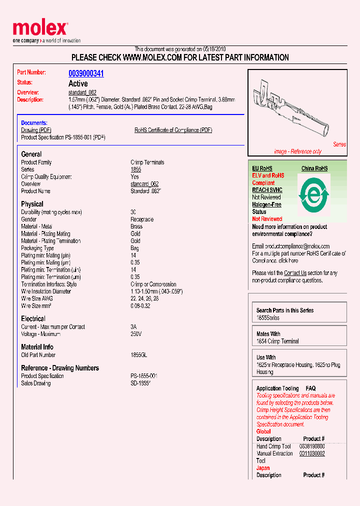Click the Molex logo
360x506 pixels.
pos(40,31)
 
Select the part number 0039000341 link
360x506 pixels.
pos(86,73)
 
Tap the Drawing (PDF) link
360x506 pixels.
pos(36,130)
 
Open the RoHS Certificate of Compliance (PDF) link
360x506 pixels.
pos(173,130)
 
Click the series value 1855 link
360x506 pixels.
pos(135,169)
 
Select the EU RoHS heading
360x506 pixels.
pos(262,168)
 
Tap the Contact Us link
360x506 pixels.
pos(295,273)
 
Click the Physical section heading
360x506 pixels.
pos(32,204)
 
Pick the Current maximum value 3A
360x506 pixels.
pos(133,327)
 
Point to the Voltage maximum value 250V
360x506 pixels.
pos(136,334)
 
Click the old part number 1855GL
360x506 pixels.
pos(138,355)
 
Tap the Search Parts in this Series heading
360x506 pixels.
pos(285,310)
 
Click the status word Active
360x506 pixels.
pos(78,83)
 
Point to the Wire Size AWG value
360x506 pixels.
pos(145,298)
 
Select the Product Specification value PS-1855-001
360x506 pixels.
pos(144,376)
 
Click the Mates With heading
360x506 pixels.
pos(268,334)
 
